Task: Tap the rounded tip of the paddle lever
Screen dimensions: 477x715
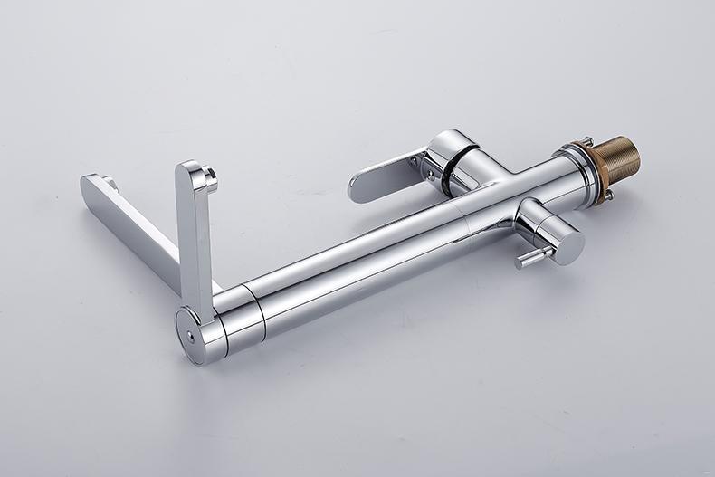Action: point(356,191)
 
